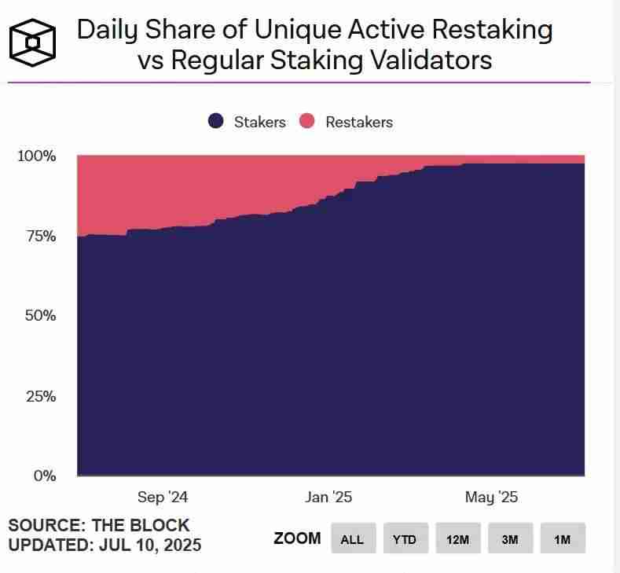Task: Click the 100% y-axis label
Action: point(36,156)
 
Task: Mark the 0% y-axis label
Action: point(44,476)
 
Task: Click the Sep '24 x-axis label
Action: point(163,498)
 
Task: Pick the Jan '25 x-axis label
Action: point(328,498)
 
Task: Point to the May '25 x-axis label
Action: point(491,498)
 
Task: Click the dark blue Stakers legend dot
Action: point(216,122)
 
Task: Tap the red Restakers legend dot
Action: point(307,122)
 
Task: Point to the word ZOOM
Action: point(297,538)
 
